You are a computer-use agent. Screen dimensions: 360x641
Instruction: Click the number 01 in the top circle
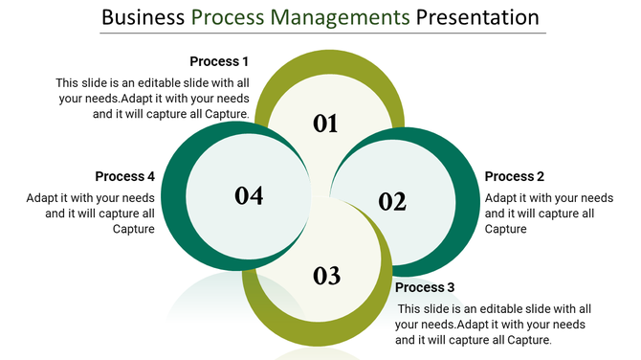(x=326, y=124)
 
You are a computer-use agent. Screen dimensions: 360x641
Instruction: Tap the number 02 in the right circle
(x=392, y=202)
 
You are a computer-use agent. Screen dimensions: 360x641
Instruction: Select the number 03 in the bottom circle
(x=326, y=277)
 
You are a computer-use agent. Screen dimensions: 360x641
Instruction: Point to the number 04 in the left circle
(x=249, y=195)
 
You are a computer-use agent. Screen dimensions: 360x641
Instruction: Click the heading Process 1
(x=219, y=62)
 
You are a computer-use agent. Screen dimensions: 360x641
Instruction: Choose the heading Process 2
(x=515, y=176)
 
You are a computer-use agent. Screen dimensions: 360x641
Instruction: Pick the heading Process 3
(x=425, y=287)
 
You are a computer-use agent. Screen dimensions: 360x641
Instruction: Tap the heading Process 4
(x=125, y=176)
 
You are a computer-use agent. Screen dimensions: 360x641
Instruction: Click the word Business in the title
(x=142, y=17)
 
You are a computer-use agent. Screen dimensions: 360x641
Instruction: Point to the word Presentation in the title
(x=476, y=17)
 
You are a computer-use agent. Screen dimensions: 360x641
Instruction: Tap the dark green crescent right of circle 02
(x=469, y=206)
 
